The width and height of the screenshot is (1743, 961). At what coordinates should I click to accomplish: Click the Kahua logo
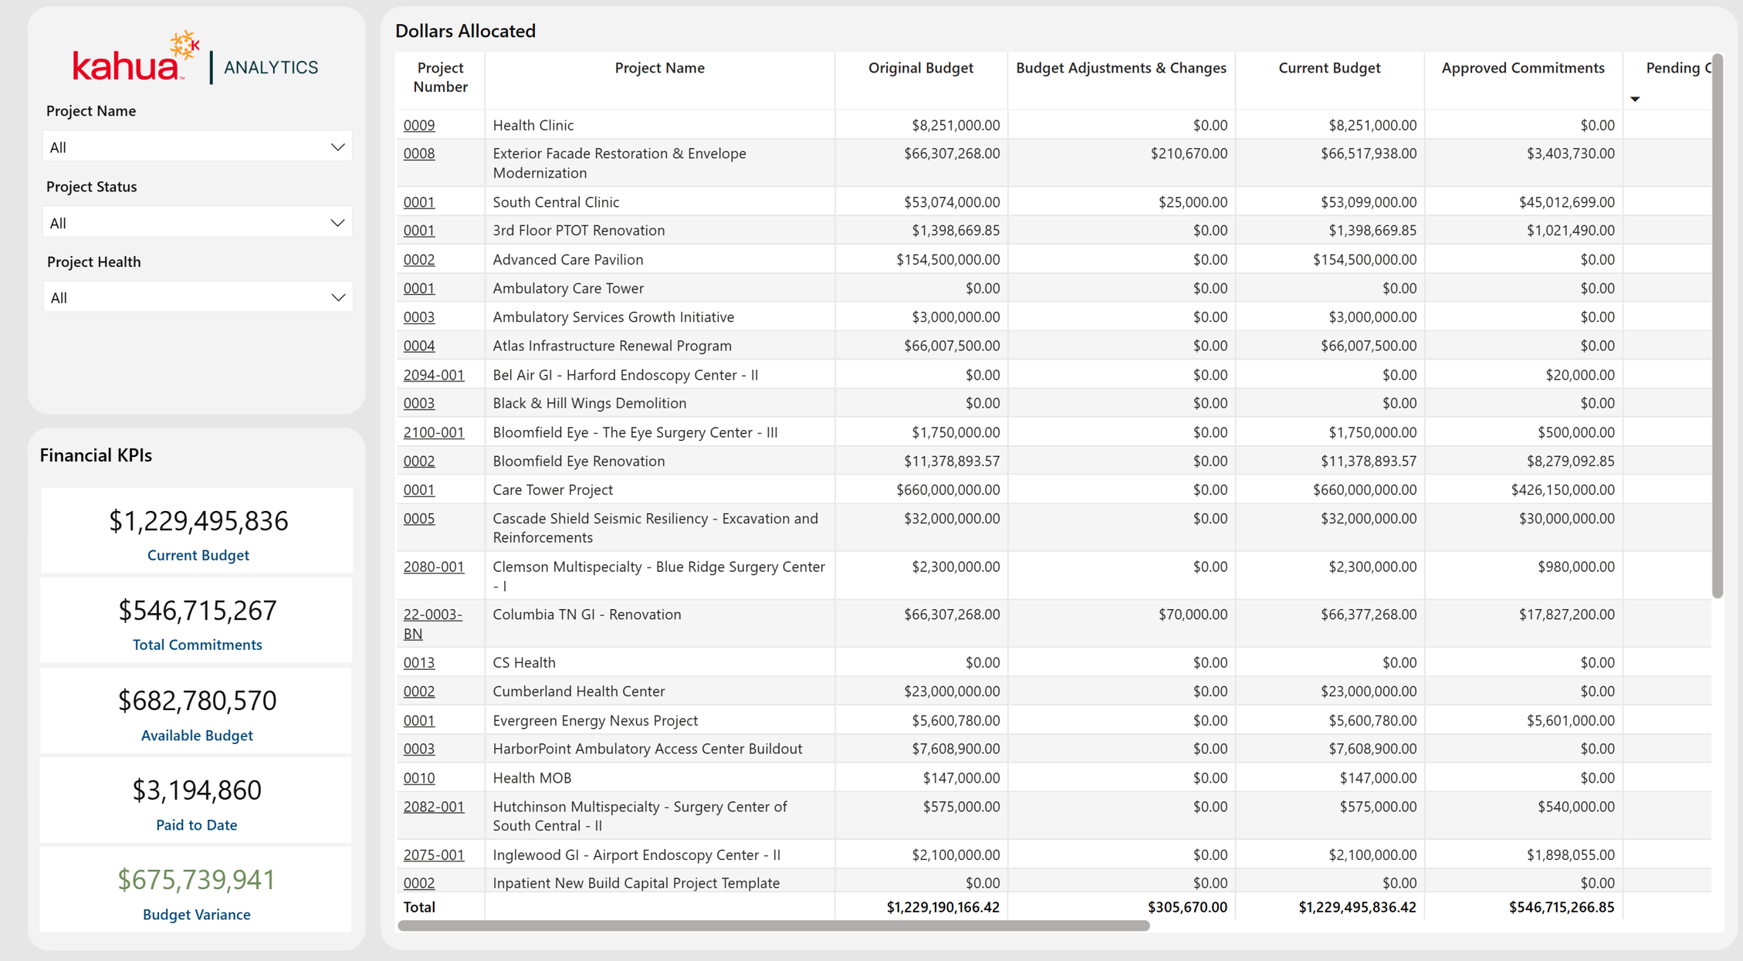136,58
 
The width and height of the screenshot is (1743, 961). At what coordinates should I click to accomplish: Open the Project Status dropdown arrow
337,223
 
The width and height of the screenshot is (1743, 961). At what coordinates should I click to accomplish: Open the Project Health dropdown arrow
337,298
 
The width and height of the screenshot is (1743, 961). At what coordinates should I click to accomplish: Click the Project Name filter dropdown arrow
337,147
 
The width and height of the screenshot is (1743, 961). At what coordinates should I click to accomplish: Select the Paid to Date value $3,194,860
197,790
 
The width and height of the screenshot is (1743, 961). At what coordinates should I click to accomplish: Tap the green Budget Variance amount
197,879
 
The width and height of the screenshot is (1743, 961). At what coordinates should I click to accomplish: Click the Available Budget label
197,736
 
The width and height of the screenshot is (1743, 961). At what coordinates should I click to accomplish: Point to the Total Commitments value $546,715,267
197,611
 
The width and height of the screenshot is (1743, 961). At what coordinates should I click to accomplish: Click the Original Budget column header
920,68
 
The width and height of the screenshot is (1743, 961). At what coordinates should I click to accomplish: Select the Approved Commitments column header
1522,68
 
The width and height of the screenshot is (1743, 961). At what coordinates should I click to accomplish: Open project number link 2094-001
434,375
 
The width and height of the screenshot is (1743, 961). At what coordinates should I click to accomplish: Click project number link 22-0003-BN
432,624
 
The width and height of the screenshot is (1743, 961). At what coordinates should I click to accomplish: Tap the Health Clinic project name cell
533,125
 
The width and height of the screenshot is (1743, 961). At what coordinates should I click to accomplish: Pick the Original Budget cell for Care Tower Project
948,490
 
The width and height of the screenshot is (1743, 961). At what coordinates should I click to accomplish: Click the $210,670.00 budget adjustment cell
1189,154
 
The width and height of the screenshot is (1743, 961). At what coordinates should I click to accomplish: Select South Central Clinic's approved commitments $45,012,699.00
1566,202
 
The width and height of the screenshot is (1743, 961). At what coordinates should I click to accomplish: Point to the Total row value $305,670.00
1187,908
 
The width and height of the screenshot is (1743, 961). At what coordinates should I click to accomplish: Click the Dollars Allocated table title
465,31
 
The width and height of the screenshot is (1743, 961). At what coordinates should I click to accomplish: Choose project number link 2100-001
434,432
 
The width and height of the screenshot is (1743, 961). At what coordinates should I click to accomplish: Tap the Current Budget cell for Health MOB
1378,778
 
